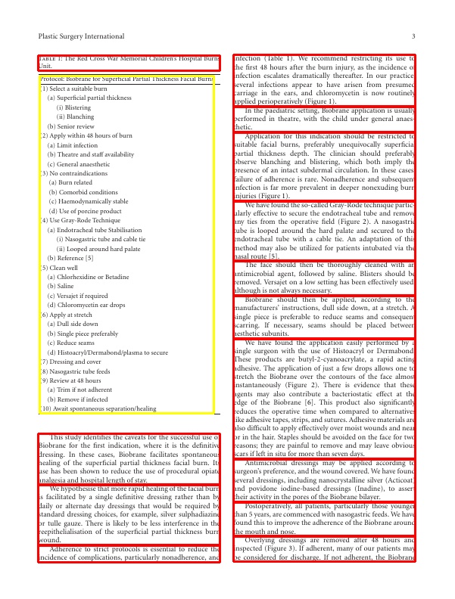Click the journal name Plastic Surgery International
pos(82,36)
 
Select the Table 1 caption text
pos(129,62)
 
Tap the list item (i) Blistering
pos(73,107)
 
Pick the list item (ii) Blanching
pos(75,116)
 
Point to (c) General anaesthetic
pos(81,163)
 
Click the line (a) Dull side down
pos(73,324)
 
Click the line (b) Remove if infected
pos(76,399)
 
